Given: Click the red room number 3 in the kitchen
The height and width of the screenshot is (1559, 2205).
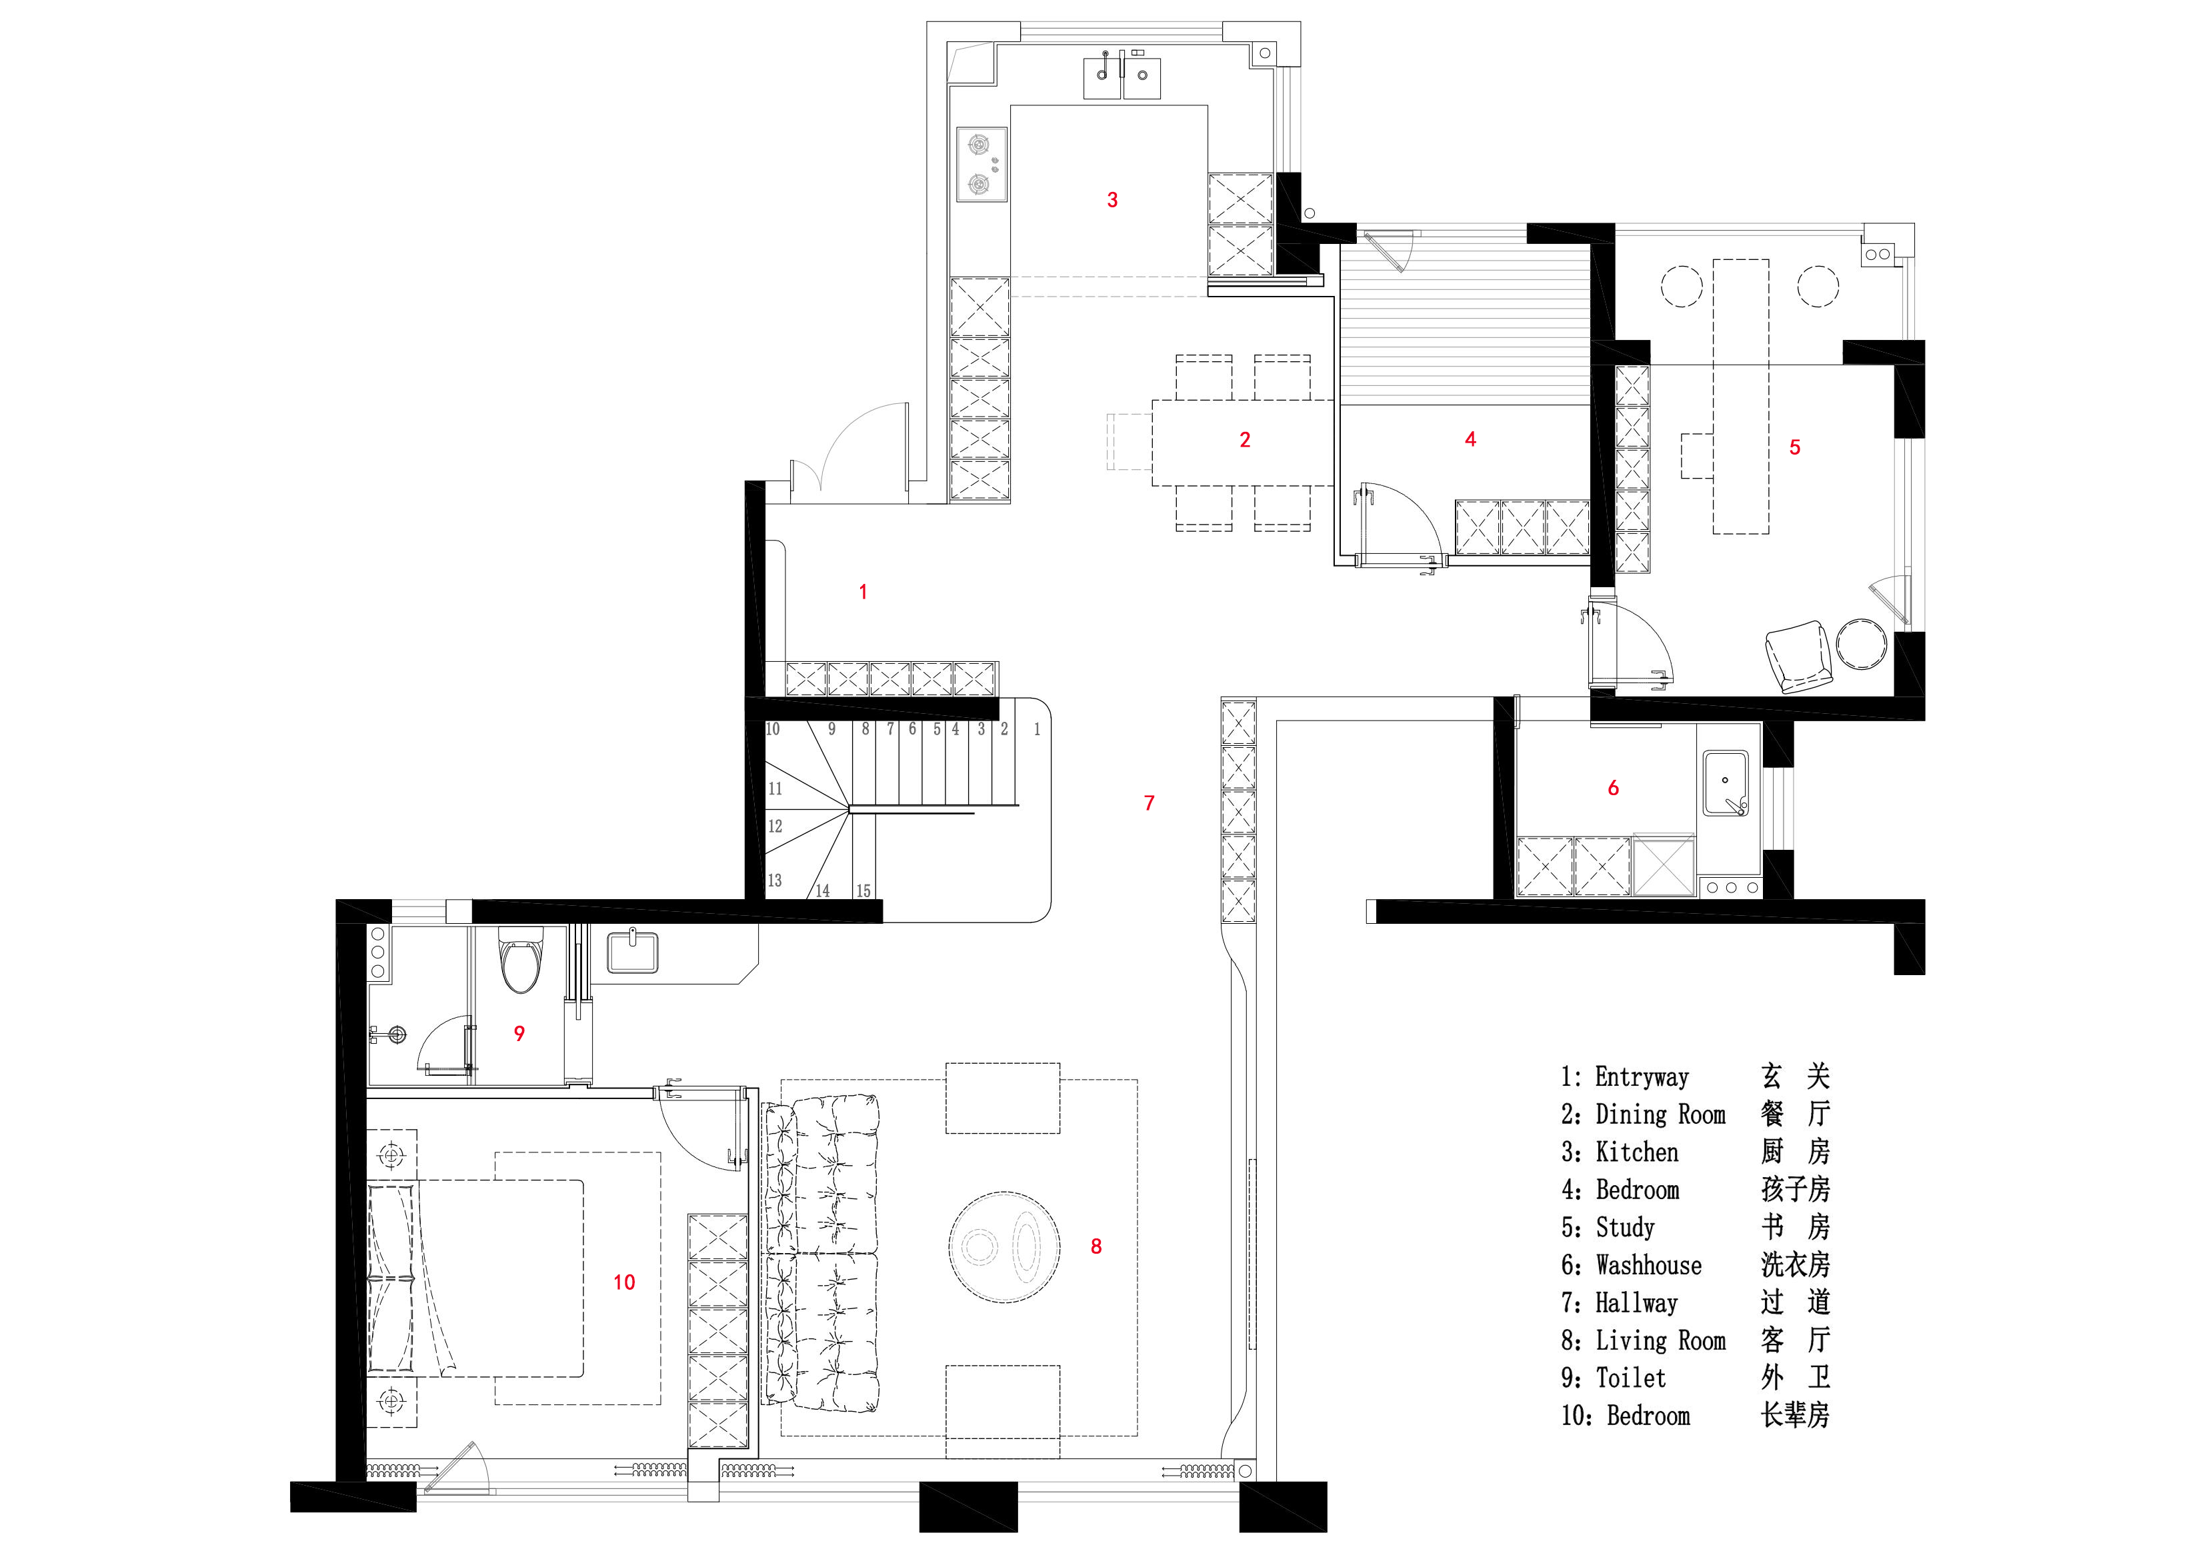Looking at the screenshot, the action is coord(1112,200).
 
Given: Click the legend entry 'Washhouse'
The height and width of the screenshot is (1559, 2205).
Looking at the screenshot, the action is coord(1648,1265).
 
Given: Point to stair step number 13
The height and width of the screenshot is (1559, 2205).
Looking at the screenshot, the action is coord(774,880).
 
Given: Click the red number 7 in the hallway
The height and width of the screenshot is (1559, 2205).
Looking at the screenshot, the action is coord(1149,802).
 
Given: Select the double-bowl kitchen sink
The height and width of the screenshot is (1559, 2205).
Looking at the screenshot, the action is coord(1122,75).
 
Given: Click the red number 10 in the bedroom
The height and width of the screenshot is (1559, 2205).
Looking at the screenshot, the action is coord(624,1282).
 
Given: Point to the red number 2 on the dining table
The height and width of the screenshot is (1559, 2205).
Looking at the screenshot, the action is coord(1245,440).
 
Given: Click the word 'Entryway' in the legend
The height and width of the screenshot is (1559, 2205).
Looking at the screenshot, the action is coord(1642,1077).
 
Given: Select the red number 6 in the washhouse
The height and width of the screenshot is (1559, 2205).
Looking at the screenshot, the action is coord(1614,788).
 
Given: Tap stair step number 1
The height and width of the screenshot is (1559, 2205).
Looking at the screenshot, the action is coord(1037,730).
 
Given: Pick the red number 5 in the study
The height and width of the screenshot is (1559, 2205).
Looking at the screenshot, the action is coord(1795,447).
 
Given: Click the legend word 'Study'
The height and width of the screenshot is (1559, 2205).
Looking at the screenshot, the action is coord(1625,1228).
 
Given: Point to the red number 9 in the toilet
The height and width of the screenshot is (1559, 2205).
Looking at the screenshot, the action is coord(519,1034).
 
